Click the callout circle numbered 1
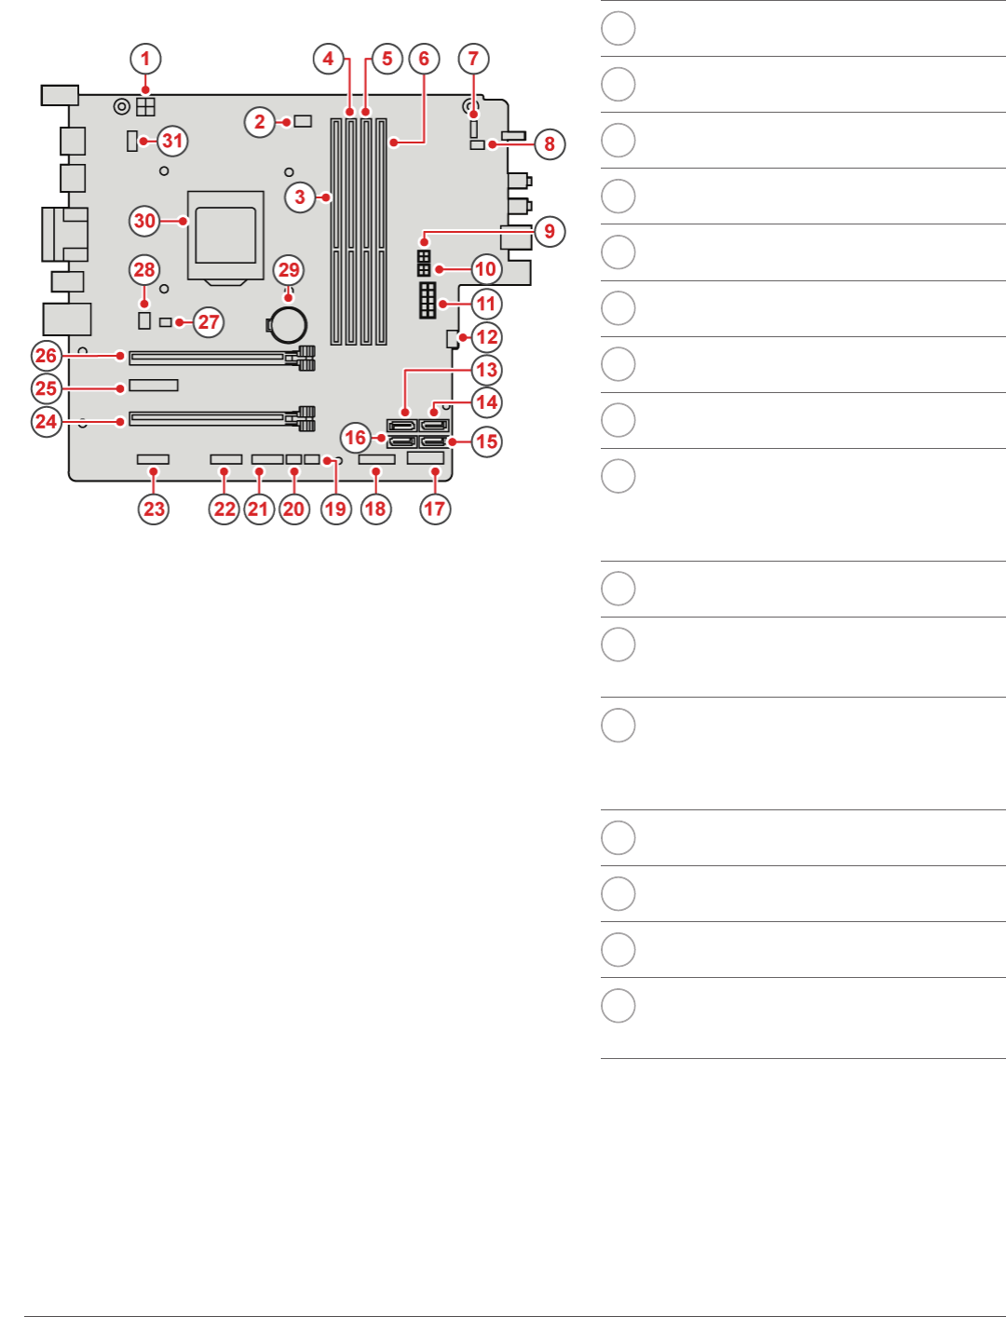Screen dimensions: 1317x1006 145,59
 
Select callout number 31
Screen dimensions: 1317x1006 172,141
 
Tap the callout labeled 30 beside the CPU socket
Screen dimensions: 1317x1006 144,221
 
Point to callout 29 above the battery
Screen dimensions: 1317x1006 289,270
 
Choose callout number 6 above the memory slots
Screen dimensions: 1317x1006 424,59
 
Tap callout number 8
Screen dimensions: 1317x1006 550,143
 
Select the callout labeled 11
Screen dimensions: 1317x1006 486,304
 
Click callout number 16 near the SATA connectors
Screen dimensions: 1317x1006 356,437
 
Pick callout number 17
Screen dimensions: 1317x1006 435,509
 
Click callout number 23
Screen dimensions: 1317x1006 155,509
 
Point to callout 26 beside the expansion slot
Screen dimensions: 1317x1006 47,355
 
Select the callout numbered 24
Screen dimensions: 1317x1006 47,421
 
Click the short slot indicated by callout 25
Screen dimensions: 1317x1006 154,386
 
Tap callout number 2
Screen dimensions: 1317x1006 260,122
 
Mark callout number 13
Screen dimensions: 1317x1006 486,370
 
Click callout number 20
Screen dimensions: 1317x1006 294,509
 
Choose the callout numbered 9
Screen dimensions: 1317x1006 550,231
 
